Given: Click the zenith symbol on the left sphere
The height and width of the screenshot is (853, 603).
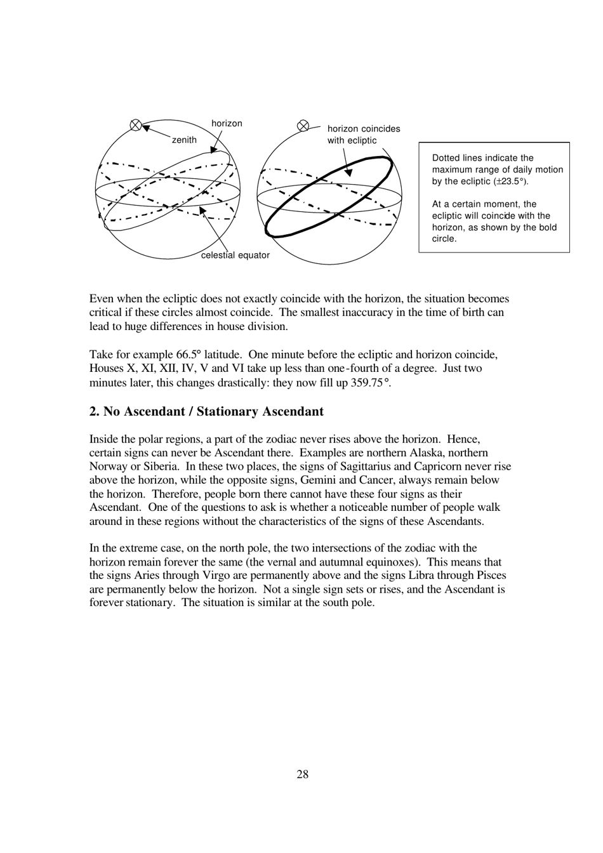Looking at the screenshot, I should (135, 125).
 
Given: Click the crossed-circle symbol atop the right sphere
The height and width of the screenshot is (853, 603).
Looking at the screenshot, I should (303, 126).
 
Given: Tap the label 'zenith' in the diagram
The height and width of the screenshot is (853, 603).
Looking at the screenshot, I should (184, 140).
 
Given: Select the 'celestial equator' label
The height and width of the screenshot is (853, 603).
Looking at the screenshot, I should (235, 255).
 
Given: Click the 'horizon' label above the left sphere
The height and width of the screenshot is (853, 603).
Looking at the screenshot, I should (227, 124).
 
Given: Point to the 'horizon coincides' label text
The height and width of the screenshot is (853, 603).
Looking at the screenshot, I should (364, 129).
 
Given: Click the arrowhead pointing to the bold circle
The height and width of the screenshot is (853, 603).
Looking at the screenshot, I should (348, 172).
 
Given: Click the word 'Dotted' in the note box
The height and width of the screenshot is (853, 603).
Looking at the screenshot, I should (446, 158).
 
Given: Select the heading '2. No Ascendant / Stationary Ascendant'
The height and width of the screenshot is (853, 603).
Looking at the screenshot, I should (206, 411).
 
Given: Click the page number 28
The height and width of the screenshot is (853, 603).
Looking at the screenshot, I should (302, 774).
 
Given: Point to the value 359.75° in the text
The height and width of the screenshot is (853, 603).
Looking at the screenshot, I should (370, 382).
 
